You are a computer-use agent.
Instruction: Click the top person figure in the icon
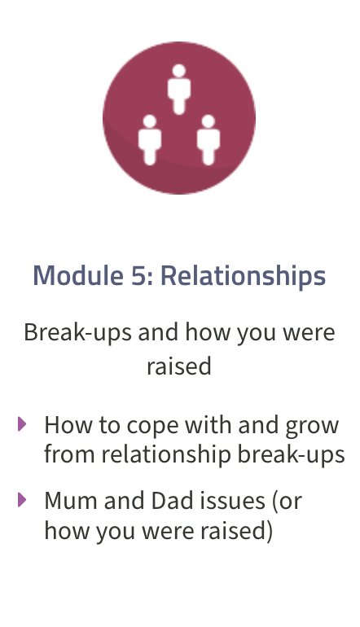179,90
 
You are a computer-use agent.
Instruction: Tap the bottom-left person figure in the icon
150,140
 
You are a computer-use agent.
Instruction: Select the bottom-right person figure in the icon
209,140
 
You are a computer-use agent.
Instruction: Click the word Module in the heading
78,275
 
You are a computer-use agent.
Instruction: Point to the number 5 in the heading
138,275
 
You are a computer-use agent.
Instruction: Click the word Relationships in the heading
244,276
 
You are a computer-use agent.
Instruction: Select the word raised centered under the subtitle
179,366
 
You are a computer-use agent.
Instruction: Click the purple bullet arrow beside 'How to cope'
22,424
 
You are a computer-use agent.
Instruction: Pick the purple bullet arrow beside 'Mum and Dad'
22,499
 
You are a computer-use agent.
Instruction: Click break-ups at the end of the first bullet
292,454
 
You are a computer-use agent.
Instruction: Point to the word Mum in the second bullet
71,500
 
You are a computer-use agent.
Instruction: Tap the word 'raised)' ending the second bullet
236,531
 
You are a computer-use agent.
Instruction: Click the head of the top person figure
179,70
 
